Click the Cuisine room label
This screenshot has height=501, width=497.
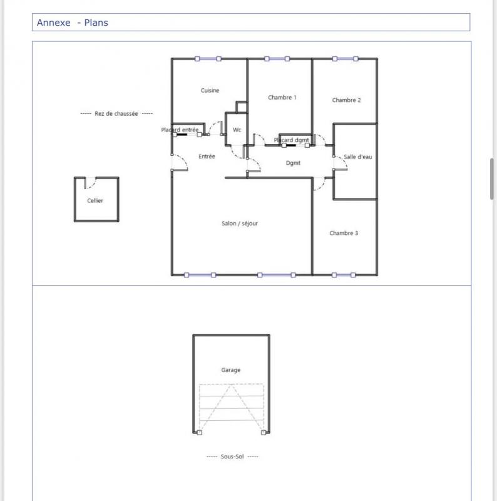[x=210, y=90]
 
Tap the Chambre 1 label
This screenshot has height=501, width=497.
[x=282, y=98]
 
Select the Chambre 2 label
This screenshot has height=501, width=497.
[x=346, y=100]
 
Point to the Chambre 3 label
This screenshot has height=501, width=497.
[x=344, y=233]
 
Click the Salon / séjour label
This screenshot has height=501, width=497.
[x=240, y=224]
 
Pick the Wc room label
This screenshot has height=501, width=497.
[x=237, y=130]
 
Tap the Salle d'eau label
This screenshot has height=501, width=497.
[x=358, y=157]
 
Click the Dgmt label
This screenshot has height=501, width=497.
[x=293, y=163]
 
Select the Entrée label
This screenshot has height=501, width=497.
[x=207, y=157]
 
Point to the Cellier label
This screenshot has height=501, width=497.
[x=95, y=200]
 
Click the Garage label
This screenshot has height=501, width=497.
[x=230, y=370]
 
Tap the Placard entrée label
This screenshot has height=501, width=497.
[x=180, y=130]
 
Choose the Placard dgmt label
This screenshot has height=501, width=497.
[x=291, y=140]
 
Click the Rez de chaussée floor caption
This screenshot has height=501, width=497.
[x=116, y=114]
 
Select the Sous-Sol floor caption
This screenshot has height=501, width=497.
[x=232, y=457]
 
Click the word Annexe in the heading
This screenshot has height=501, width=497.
[x=54, y=23]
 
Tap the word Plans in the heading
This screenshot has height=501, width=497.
[x=96, y=23]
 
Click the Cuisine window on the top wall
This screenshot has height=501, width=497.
[x=208, y=59]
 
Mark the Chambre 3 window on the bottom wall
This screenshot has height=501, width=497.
[x=344, y=275]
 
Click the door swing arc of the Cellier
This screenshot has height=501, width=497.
[x=93, y=184]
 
